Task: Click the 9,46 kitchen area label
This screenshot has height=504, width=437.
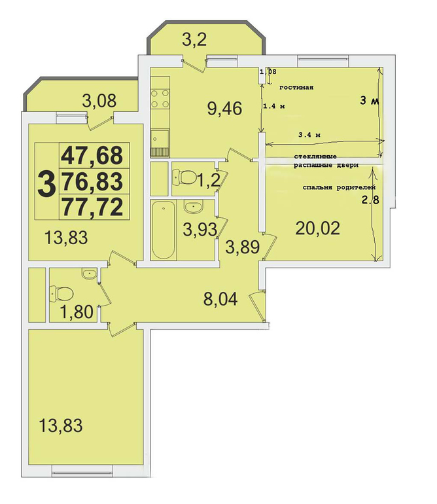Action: click(x=224, y=108)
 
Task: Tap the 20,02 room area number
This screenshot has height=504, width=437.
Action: click(x=317, y=228)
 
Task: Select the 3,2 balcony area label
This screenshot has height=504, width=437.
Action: click(x=194, y=40)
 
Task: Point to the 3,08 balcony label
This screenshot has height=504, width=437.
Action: click(x=99, y=101)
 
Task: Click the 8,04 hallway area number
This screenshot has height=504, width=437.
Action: click(x=220, y=298)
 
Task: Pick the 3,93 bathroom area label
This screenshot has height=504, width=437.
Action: click(x=200, y=229)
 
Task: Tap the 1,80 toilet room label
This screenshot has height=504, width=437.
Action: click(x=77, y=311)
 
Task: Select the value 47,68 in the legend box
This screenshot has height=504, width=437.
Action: click(x=92, y=155)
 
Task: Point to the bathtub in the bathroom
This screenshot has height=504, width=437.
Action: click(x=164, y=230)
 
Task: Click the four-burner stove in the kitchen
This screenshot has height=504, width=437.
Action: click(x=160, y=98)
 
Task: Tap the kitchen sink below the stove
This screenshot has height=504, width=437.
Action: click(x=160, y=143)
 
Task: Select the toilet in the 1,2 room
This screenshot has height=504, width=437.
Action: click(x=184, y=177)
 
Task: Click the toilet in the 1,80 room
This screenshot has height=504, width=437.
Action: click(x=61, y=293)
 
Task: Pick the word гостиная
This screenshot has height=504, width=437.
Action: click(x=296, y=88)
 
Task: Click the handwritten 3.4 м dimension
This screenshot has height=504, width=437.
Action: click(x=309, y=135)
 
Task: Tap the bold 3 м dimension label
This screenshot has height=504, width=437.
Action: click(x=370, y=101)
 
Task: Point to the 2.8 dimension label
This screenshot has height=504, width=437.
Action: click(x=371, y=200)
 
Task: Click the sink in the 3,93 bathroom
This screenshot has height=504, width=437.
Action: click(x=193, y=206)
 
